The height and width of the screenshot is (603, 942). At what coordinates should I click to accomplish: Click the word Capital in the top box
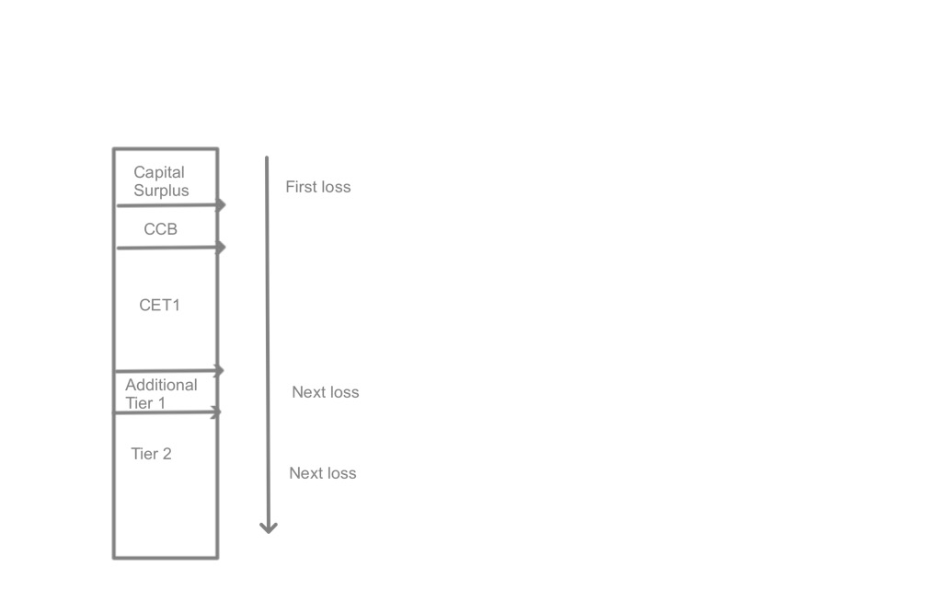tap(159, 172)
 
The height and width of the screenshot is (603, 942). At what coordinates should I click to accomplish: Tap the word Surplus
tap(161, 191)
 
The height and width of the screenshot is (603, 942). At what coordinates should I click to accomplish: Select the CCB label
tap(160, 229)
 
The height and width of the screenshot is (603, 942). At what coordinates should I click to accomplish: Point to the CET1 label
tap(159, 305)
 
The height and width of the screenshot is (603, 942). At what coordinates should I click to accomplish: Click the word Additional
tap(161, 385)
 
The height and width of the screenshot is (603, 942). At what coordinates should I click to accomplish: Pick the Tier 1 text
tap(145, 403)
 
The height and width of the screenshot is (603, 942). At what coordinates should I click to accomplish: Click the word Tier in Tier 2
tap(144, 454)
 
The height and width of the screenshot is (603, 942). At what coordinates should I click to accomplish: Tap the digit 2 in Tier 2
tap(167, 454)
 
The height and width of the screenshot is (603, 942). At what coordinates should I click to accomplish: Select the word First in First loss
tap(300, 187)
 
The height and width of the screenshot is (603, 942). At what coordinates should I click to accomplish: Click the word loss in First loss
tap(335, 187)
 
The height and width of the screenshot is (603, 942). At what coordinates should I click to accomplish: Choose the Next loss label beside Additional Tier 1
tap(325, 392)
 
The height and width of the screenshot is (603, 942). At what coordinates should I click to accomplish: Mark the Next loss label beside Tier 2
tap(322, 473)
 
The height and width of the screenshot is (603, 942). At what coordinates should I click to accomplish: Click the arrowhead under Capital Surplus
tap(221, 204)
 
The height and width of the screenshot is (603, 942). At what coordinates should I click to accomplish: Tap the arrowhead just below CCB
tap(221, 247)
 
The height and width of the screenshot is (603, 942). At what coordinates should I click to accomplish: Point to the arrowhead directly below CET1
tap(219, 370)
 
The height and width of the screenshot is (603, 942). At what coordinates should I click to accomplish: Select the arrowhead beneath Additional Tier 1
tap(217, 413)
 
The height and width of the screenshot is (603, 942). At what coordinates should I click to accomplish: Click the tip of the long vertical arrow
tap(269, 530)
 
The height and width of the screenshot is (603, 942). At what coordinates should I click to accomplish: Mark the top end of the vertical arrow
tap(267, 158)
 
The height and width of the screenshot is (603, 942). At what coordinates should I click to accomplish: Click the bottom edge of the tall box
tap(166, 558)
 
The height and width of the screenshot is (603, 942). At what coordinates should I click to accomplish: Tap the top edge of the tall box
tap(166, 148)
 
